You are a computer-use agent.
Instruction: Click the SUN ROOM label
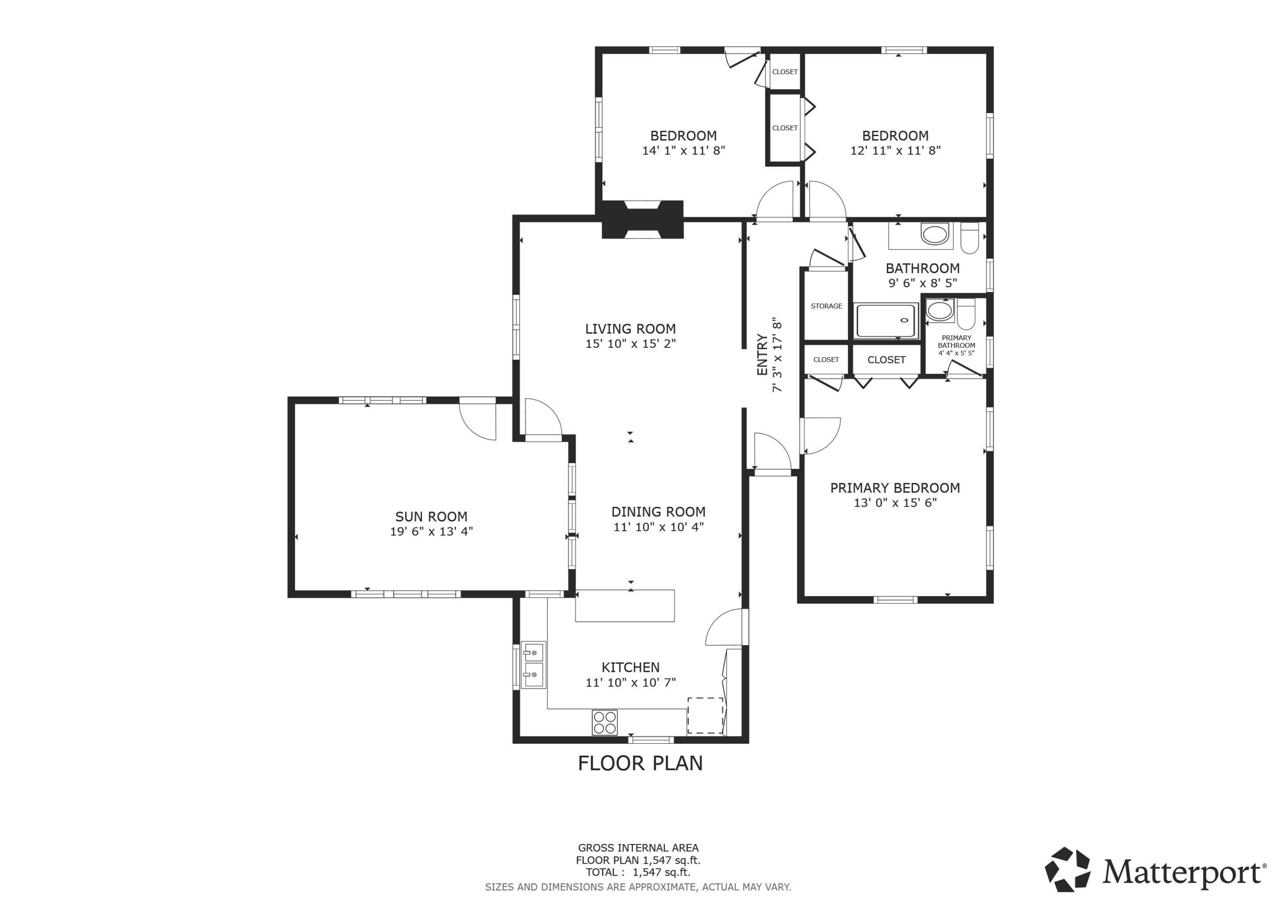pos(431,516)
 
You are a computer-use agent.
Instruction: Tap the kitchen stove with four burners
pos(604,723)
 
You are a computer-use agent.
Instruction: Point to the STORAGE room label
pos(826,306)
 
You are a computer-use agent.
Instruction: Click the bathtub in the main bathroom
pos(886,320)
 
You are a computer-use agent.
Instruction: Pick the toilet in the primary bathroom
pos(966,314)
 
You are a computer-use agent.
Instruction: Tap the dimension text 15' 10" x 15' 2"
pos(630,344)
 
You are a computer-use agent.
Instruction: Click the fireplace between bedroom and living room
pos(643,219)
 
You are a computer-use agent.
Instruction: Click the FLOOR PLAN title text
pos(640,763)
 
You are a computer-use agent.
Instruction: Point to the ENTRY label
pos(762,355)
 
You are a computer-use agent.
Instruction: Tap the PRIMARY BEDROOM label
pos(895,488)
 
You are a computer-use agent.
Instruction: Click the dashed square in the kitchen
pos(705,716)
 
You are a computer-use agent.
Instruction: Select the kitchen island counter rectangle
pos(625,605)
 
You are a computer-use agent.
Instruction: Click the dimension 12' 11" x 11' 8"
pos(895,151)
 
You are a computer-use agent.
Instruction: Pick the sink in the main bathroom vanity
pos(935,234)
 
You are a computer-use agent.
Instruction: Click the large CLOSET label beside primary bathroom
pos(886,360)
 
